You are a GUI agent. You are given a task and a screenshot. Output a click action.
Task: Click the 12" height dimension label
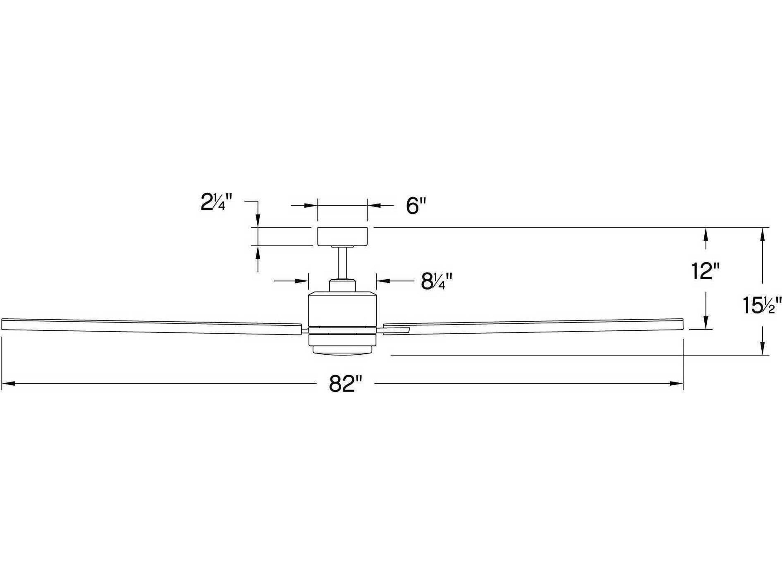(705, 271)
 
